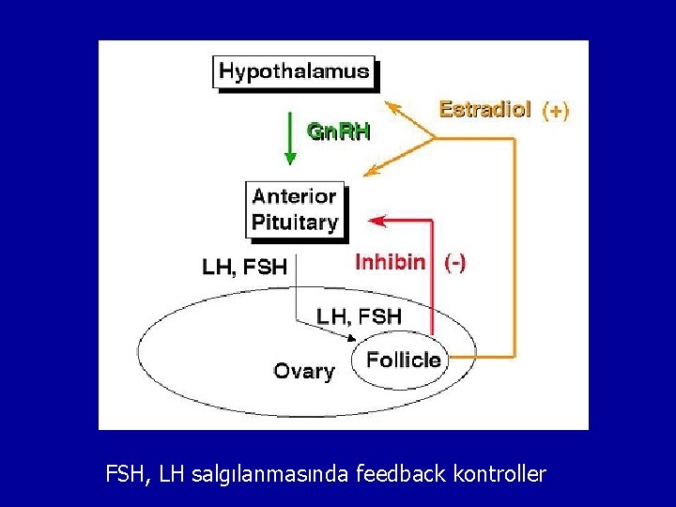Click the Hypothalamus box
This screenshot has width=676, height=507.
pyautogui.click(x=294, y=71)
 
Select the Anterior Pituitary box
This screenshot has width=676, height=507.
pyautogui.click(x=295, y=209)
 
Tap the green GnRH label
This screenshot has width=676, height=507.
pyautogui.click(x=340, y=131)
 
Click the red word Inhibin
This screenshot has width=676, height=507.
pyautogui.click(x=390, y=262)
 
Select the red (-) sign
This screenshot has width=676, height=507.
pyautogui.click(x=453, y=263)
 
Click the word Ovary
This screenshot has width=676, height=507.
pyautogui.click(x=303, y=371)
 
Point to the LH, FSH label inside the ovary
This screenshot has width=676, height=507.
pyautogui.click(x=359, y=316)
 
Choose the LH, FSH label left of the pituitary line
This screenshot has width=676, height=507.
pyautogui.click(x=244, y=267)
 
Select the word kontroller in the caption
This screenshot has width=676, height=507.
pyautogui.click(x=499, y=474)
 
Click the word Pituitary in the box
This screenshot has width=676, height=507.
pyautogui.click(x=294, y=223)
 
